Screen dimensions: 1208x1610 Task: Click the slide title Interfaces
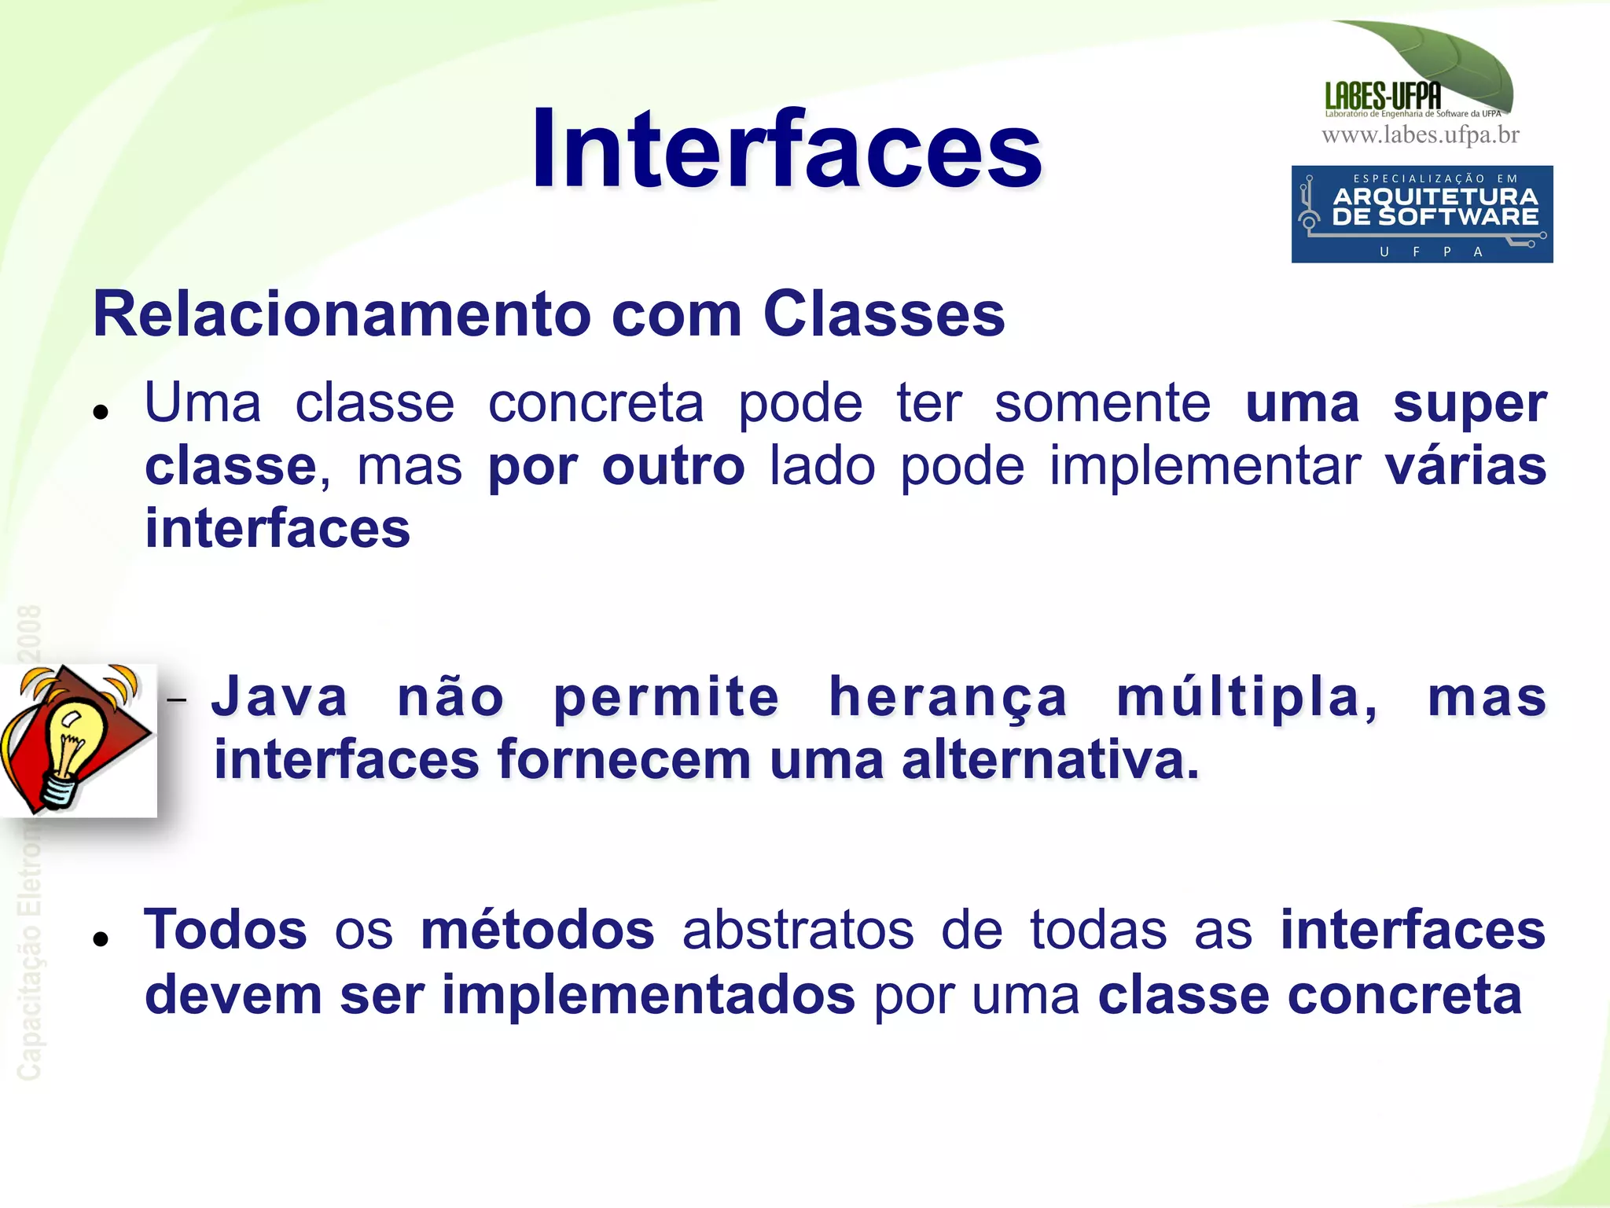pyautogui.click(x=786, y=149)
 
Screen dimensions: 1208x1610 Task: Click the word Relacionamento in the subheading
pyautogui.click(x=341, y=314)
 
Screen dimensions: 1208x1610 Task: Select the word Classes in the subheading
pyautogui.click(x=884, y=314)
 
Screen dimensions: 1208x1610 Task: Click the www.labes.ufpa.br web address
pyautogui.click(x=1420, y=135)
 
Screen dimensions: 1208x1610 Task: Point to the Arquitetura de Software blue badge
pyautogui.click(x=1421, y=214)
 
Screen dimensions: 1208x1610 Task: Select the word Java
pyautogui.click(x=280, y=698)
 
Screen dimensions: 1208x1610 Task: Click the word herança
pyautogui.click(x=948, y=698)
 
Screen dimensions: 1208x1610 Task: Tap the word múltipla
pyautogui.click(x=1247, y=698)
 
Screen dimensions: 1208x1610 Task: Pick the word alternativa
pyautogui.click(x=1050, y=761)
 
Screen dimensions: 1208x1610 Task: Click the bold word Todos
pyautogui.click(x=226, y=930)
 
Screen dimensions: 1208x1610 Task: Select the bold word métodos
pyautogui.click(x=538, y=930)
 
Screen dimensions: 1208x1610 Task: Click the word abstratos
pyautogui.click(x=798, y=930)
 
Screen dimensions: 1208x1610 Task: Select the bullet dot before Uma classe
pyautogui.click(x=100, y=411)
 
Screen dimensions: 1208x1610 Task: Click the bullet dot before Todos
pyautogui.click(x=100, y=938)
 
